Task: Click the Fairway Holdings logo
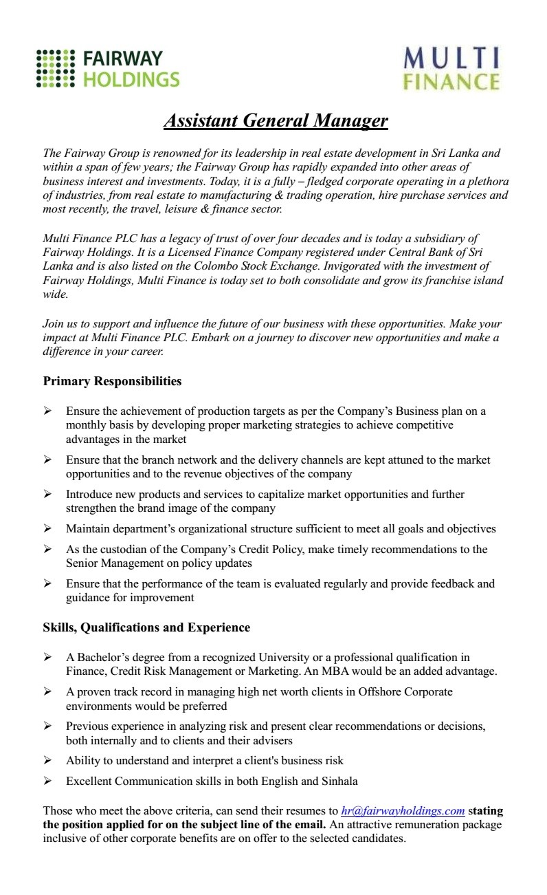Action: coord(108,69)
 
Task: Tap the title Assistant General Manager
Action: coord(276,121)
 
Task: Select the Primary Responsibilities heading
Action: coord(112,380)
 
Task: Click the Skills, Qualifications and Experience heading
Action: coord(146,627)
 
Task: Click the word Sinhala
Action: coord(339,781)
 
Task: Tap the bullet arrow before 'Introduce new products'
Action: coord(47,494)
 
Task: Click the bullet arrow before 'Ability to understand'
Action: coord(47,760)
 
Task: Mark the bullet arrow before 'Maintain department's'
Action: coord(47,528)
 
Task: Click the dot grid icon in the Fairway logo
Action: coord(55,69)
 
